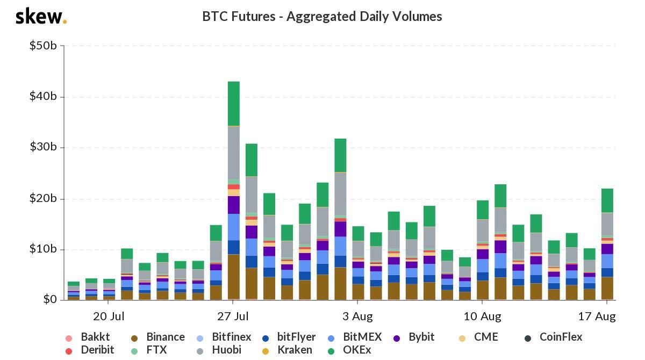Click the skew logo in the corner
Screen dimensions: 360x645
(41, 16)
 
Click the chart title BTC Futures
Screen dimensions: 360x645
(322, 17)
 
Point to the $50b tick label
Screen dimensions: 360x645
(43, 46)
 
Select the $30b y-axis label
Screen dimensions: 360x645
(43, 148)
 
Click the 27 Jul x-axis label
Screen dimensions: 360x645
(233, 316)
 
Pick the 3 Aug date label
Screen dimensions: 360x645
(357, 316)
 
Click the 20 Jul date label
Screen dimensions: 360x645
(109, 316)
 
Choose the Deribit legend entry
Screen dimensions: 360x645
(91, 350)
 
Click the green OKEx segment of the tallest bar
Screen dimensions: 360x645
(234, 103)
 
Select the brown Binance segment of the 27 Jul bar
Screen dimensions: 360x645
(234, 277)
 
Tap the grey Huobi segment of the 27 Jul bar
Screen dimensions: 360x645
(234, 153)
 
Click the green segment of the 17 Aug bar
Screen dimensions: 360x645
(607, 200)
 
